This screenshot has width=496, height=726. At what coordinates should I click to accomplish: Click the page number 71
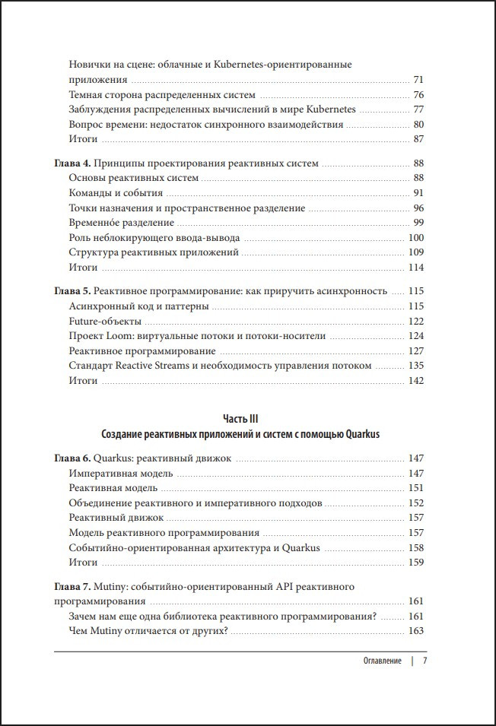click(418, 80)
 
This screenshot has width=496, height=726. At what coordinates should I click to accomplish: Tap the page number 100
click(415, 238)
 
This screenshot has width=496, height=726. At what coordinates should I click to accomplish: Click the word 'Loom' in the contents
click(122, 335)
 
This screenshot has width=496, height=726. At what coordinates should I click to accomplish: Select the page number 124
click(415, 335)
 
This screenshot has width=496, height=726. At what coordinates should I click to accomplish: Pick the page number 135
click(415, 366)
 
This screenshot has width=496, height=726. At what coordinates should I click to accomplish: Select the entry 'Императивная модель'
click(120, 473)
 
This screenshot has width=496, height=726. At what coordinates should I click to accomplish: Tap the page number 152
click(415, 502)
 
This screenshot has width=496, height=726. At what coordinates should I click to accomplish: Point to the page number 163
click(415, 631)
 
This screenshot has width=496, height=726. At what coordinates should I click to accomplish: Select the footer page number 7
click(424, 661)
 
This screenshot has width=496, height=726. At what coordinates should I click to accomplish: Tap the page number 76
click(418, 95)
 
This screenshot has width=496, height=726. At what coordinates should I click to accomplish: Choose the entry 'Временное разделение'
click(121, 223)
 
